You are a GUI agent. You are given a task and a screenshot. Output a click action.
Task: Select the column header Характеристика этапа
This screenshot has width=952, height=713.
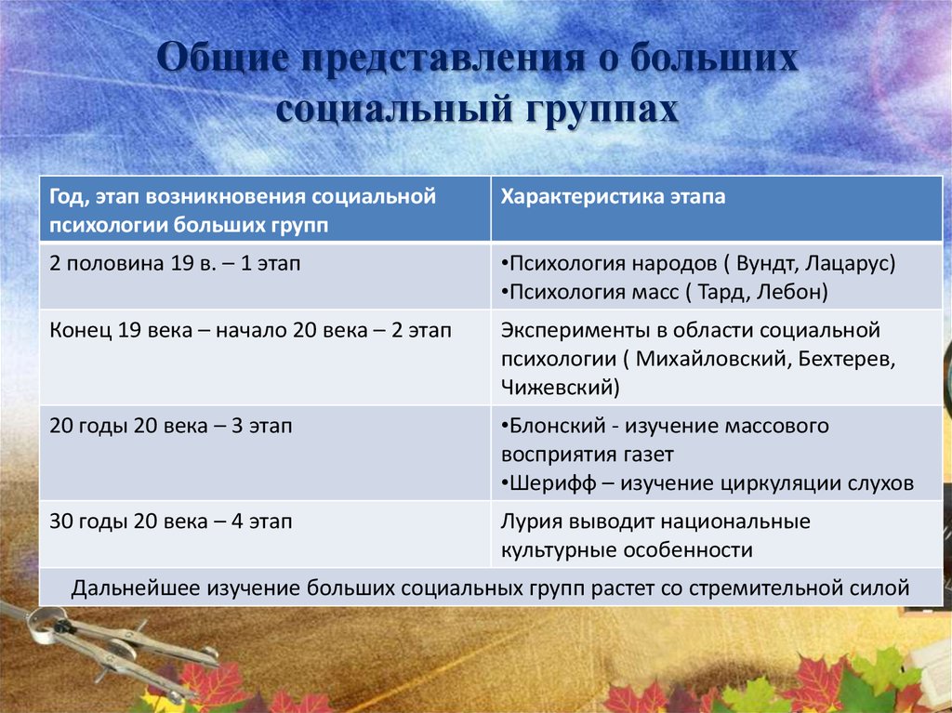pyautogui.click(x=614, y=198)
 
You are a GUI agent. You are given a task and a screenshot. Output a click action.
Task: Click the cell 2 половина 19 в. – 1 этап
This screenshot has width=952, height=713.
pyautogui.click(x=176, y=264)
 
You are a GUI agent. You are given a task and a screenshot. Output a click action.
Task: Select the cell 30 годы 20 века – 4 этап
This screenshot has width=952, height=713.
pyautogui.click(x=171, y=522)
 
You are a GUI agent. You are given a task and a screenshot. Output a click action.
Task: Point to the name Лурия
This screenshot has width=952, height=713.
pyautogui.click(x=527, y=522)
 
